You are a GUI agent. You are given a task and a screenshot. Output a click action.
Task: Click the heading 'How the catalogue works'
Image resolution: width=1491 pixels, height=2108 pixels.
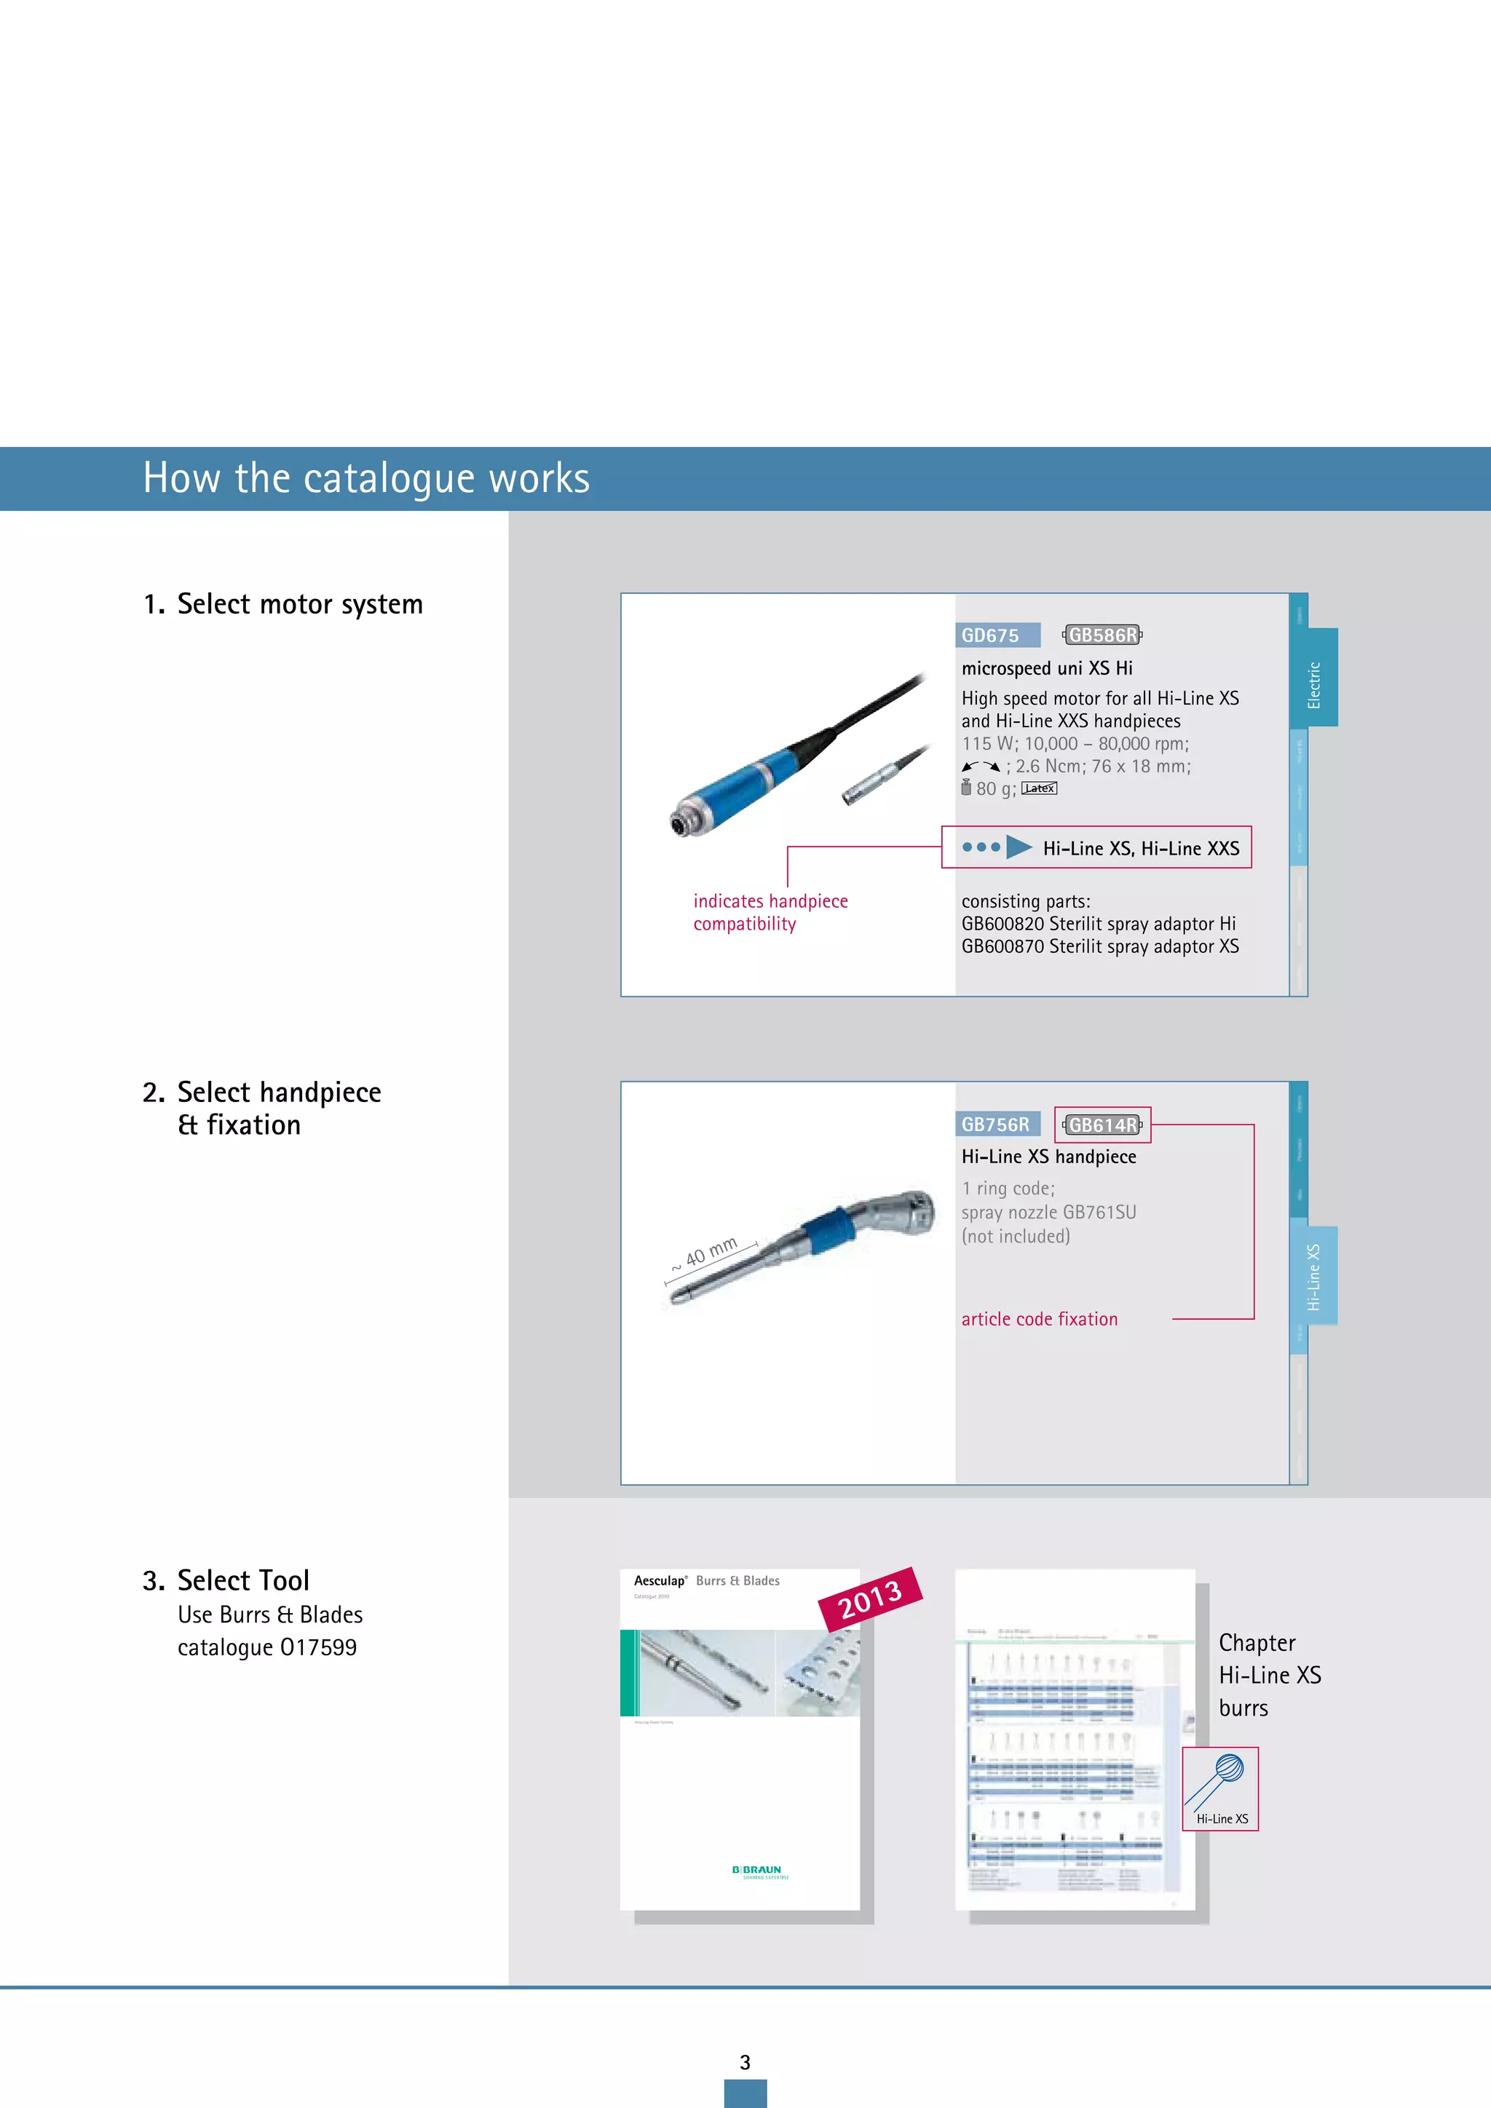[x=365, y=478]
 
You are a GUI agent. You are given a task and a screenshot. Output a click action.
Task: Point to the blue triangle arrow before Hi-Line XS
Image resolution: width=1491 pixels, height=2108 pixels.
[x=1019, y=847]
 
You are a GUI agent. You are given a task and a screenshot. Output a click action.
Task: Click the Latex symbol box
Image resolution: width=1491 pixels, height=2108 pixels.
[x=1040, y=788]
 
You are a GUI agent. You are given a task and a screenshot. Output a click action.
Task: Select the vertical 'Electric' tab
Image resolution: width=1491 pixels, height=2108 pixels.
[x=1315, y=684]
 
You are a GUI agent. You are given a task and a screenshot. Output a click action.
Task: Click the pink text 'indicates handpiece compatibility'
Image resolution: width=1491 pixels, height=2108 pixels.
[x=770, y=913]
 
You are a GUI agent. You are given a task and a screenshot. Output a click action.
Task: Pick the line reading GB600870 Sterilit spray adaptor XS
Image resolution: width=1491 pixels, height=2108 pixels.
[x=1099, y=946]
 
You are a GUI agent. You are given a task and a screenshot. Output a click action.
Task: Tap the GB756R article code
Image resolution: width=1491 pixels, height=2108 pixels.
[x=995, y=1125]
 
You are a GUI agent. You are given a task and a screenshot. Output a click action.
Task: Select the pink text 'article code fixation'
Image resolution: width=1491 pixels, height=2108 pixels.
[x=1040, y=1320]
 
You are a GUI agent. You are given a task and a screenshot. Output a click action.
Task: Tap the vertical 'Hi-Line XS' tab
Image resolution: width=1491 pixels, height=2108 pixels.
[x=1314, y=1276]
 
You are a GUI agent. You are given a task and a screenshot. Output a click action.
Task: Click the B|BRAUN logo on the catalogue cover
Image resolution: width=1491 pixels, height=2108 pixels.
[x=756, y=1870]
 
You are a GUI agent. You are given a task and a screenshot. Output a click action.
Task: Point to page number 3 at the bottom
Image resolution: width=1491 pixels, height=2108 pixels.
[x=745, y=2062]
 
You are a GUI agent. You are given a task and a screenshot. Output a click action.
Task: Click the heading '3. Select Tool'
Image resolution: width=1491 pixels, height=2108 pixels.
[x=226, y=1580]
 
